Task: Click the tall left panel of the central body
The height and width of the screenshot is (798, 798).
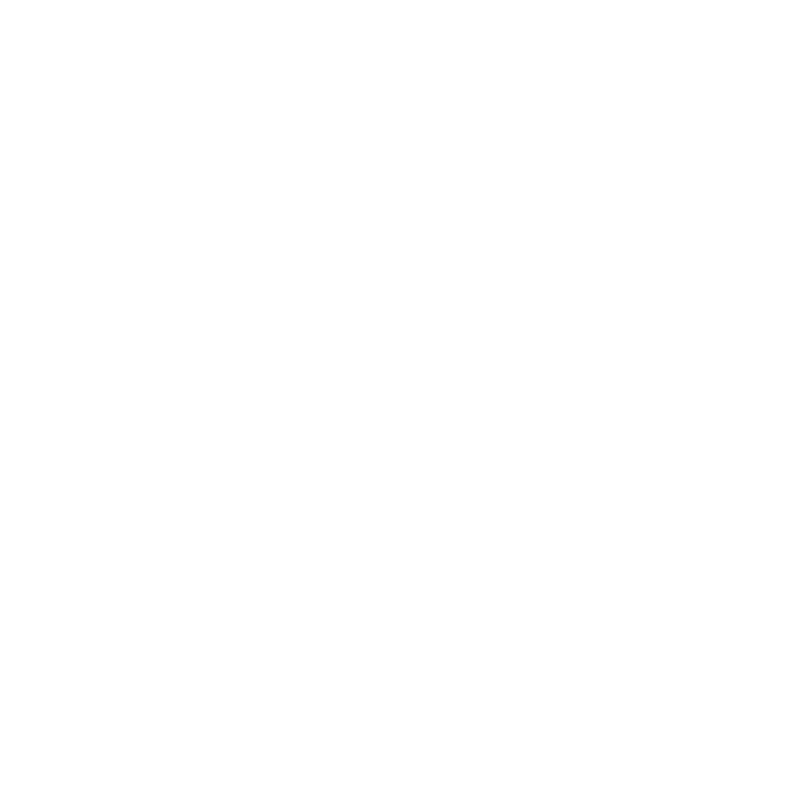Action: click(x=317, y=339)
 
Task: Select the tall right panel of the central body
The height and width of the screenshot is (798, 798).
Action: click(x=520, y=339)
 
